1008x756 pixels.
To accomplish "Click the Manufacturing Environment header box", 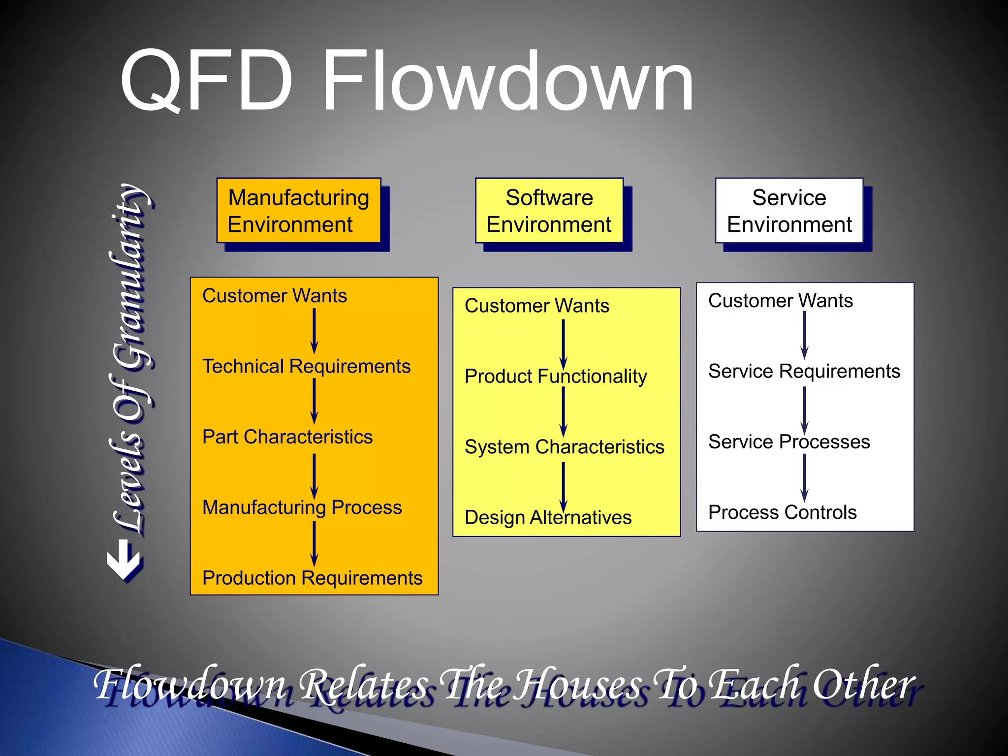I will (299, 211).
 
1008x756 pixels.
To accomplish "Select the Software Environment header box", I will (549, 211).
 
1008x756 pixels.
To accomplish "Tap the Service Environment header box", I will (789, 211).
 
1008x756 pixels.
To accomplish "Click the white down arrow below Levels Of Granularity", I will (124, 560).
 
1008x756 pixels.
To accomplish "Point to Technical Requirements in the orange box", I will (306, 367).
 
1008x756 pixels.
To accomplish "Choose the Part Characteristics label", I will (287, 437).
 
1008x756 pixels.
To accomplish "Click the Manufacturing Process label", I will (302, 507).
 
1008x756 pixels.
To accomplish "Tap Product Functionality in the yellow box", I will (556, 377).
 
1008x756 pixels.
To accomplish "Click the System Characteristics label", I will (564, 447).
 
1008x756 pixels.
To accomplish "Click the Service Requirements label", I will (804, 372).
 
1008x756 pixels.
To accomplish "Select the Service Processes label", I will (788, 442).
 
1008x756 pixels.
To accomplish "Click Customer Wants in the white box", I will (780, 301).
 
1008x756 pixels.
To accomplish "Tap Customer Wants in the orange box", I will (274, 296).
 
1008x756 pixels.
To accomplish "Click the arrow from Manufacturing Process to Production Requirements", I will (314, 543).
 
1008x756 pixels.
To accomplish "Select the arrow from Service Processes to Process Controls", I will (804, 477).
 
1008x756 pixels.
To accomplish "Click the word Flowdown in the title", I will (507, 81).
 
